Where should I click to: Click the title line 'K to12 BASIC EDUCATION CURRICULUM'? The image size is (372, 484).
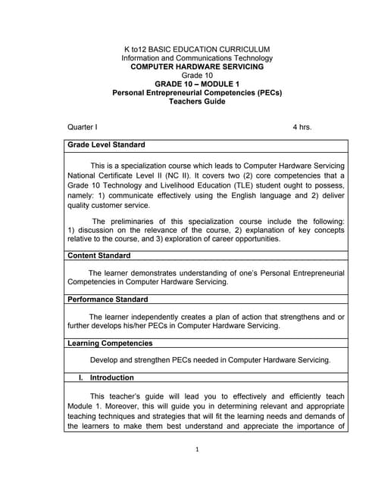(196, 49)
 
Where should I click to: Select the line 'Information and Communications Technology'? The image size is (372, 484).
(196, 58)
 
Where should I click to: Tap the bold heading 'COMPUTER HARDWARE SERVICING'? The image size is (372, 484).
(196, 67)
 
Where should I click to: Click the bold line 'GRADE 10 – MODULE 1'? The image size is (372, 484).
(196, 84)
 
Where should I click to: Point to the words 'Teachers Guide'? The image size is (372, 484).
(196, 101)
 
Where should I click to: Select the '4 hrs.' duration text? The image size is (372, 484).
(302, 127)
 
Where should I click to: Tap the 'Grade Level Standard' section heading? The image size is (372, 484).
(107, 144)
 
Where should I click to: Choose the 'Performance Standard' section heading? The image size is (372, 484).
(108, 299)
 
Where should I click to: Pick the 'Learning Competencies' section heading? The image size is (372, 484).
(110, 343)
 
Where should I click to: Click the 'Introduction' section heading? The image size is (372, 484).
(111, 377)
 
